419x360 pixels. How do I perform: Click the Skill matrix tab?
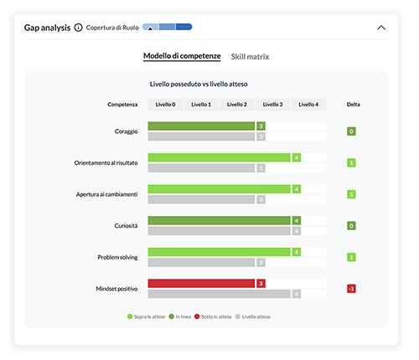click(x=251, y=56)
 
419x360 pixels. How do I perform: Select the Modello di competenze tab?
click(x=182, y=56)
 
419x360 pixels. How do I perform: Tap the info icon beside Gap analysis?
click(x=79, y=27)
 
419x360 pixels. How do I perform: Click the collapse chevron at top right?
click(x=381, y=27)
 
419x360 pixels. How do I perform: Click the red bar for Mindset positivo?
click(x=201, y=284)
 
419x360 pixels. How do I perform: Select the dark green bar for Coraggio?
click(x=201, y=126)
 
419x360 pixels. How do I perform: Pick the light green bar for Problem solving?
click(x=220, y=252)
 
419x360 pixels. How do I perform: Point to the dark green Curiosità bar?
click(x=220, y=220)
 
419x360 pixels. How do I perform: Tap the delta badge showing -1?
click(x=351, y=289)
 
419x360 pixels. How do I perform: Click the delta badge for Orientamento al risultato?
click(x=351, y=162)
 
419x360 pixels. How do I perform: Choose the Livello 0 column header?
click(x=167, y=105)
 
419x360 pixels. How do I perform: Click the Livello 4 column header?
click(x=308, y=105)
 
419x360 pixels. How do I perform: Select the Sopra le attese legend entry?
click(x=147, y=316)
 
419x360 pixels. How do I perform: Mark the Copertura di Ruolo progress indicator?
click(x=167, y=27)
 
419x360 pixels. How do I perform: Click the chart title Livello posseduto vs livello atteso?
click(x=198, y=84)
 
